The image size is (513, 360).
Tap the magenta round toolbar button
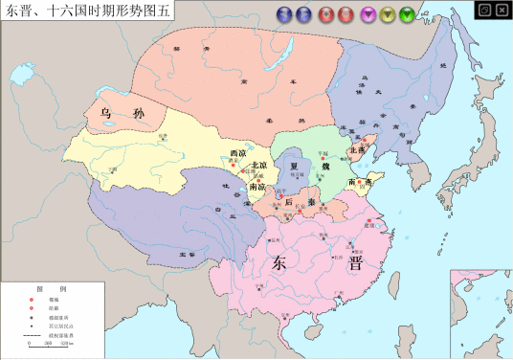368,14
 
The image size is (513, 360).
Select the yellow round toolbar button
388,14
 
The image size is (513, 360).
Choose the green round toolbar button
408,14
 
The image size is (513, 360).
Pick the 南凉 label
256,187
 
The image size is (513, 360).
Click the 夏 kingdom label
293,166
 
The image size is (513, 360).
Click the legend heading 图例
51,289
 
